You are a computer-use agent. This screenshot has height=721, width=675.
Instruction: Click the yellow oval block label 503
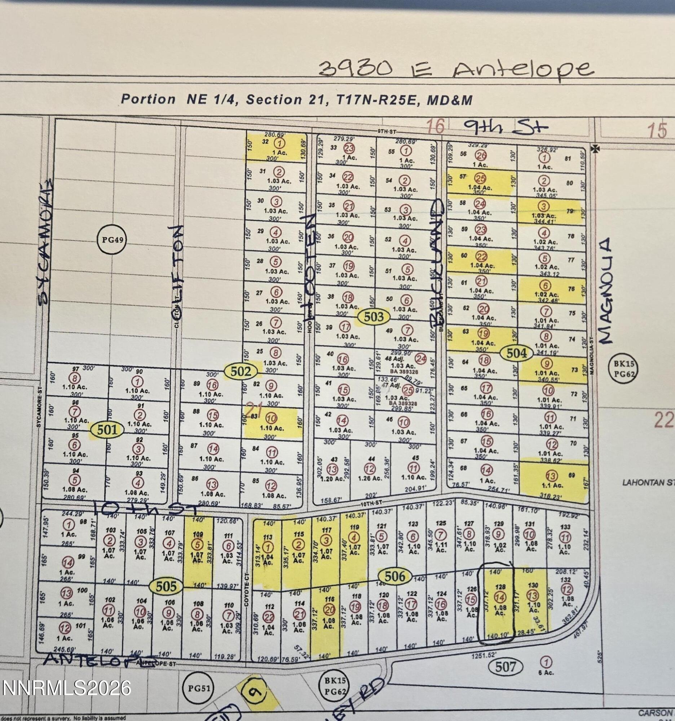click(x=374, y=317)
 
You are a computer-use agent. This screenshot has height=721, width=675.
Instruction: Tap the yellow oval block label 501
click(x=107, y=430)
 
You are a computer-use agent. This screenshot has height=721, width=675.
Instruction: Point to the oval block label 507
click(x=505, y=667)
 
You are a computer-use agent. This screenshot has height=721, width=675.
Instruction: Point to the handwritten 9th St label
click(x=506, y=127)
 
